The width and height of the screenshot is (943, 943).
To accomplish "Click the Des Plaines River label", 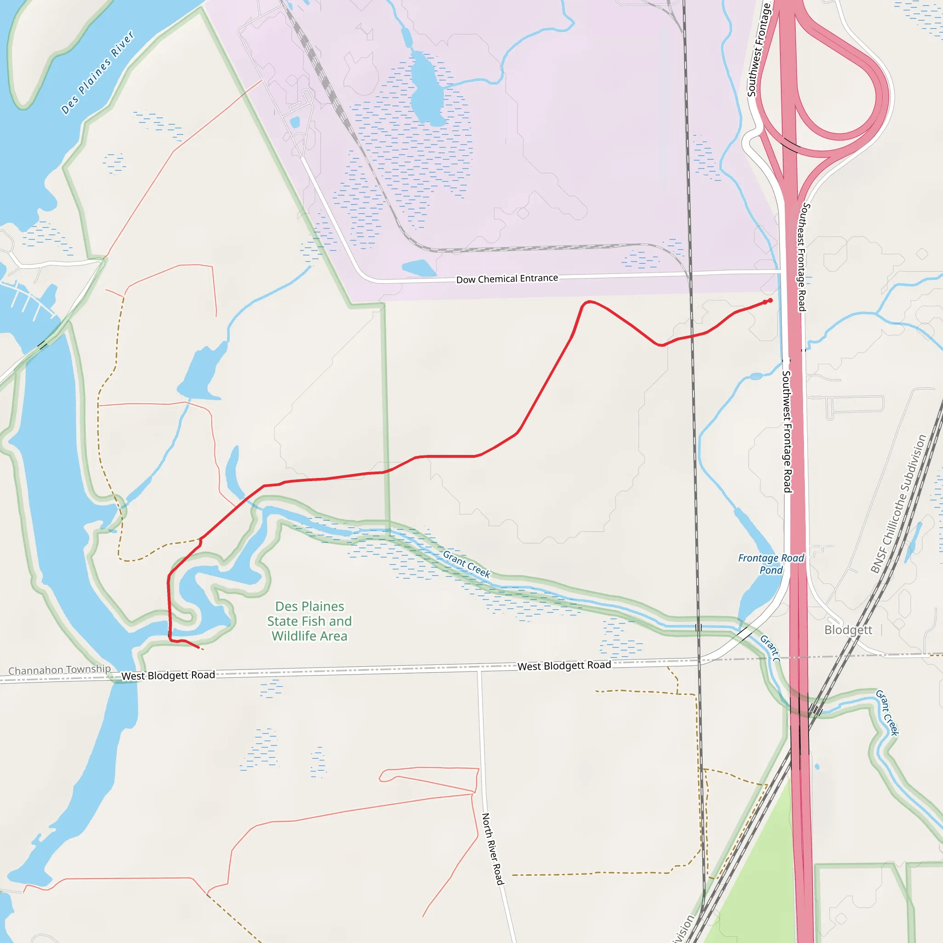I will pyautogui.click(x=97, y=73).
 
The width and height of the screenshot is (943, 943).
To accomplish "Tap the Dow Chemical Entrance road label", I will pyautogui.click(x=506, y=279).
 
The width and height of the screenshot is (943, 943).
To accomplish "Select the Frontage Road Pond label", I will pyautogui.click(x=771, y=564).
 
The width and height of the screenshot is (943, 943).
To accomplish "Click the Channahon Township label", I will pyautogui.click(x=59, y=669).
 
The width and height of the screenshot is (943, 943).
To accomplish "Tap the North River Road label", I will pyautogui.click(x=492, y=849).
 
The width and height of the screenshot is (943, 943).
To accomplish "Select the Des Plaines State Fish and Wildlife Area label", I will pyautogui.click(x=309, y=621).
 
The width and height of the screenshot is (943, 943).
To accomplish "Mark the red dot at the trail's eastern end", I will pyautogui.click(x=770, y=301).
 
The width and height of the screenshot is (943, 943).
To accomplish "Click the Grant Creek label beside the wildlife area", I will pyautogui.click(x=466, y=564).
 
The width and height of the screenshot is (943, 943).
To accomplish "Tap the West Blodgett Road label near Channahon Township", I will pyautogui.click(x=168, y=675).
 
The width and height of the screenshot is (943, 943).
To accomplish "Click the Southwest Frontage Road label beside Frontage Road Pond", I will pyautogui.click(x=787, y=431).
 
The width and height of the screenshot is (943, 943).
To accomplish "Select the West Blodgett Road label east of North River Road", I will pyautogui.click(x=564, y=666).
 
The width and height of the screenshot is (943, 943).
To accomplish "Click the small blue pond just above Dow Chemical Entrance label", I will pyautogui.click(x=418, y=268).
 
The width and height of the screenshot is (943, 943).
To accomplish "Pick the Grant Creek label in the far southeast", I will pyautogui.click(x=887, y=712).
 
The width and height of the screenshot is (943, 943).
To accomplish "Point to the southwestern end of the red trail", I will pyautogui.click(x=198, y=648).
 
